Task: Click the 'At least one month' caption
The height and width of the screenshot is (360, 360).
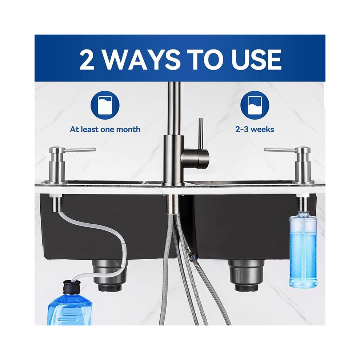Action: tap(105, 129)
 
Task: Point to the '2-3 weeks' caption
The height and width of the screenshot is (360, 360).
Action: tap(255, 129)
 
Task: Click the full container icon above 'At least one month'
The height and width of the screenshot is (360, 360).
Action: tap(105, 105)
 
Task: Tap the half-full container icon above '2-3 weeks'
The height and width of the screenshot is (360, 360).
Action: tap(255, 105)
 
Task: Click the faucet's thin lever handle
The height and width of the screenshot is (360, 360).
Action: tap(201, 133)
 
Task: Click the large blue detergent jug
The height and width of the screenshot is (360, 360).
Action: tap(69, 308)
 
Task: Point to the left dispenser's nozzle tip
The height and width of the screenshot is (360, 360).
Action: tap(94, 150)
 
